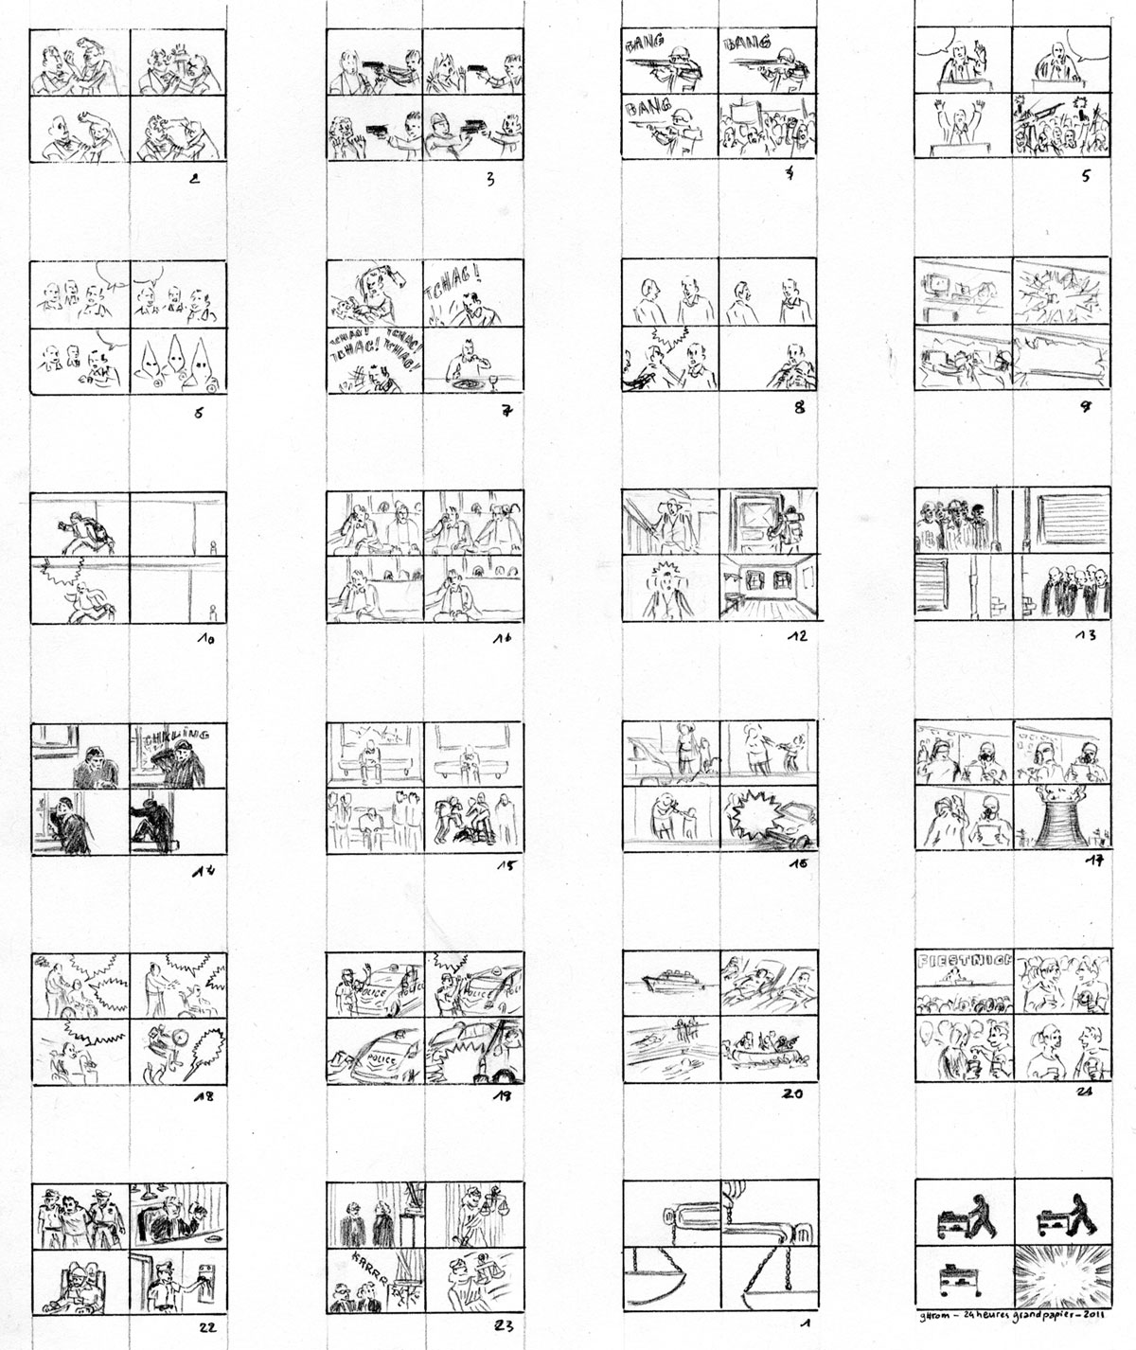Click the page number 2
coord(194,175)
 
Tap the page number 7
coord(506,410)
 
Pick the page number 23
coord(502,1327)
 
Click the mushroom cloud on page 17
coord(1056,816)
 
